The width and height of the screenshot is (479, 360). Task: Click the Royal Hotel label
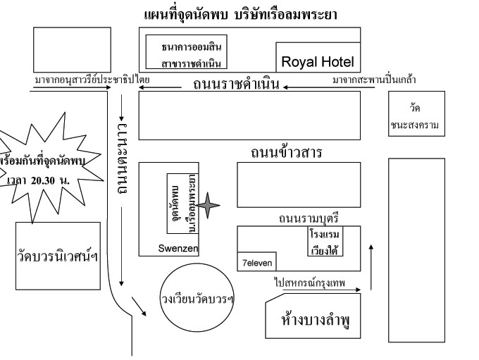317,62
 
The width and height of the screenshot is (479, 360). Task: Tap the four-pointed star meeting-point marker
208,205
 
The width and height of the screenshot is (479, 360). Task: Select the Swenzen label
178,249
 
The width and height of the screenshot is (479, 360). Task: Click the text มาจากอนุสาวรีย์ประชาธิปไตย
91,80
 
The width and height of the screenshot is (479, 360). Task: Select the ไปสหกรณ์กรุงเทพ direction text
313,282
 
